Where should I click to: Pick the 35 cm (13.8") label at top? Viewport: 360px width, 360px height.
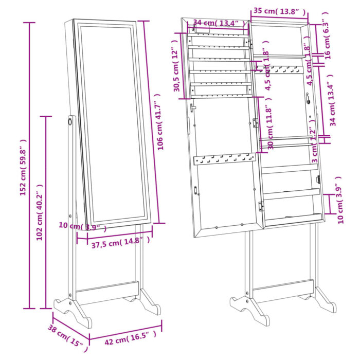280,11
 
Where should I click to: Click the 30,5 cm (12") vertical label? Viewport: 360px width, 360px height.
177,70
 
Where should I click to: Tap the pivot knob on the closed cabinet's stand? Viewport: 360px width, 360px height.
69,121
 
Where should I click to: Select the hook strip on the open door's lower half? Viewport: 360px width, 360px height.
224,160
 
